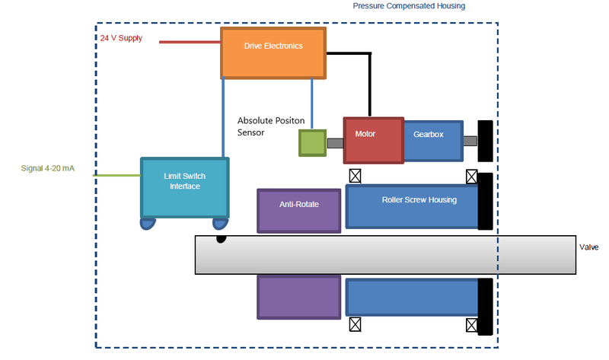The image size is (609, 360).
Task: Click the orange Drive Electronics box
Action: [x=273, y=53]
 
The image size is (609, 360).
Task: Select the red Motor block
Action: [x=373, y=139]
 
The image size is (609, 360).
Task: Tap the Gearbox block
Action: [x=432, y=141]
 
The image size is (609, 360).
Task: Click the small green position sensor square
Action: [x=311, y=143]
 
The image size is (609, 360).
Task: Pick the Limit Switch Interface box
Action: [x=184, y=187]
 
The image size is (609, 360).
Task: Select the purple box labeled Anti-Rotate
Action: [x=298, y=210]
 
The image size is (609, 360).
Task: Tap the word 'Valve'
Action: [x=589, y=247]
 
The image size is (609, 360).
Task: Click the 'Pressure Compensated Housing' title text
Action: [x=409, y=6]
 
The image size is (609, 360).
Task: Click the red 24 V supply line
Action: [x=190, y=43]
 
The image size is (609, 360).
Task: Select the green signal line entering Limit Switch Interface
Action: [x=116, y=175]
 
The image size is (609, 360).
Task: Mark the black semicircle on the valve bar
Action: [x=221, y=239]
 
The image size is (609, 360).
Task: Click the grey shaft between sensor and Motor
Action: [x=335, y=142]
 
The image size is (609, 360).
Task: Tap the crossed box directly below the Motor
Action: [x=354, y=176]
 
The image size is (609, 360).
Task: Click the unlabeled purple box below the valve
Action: [x=298, y=296]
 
